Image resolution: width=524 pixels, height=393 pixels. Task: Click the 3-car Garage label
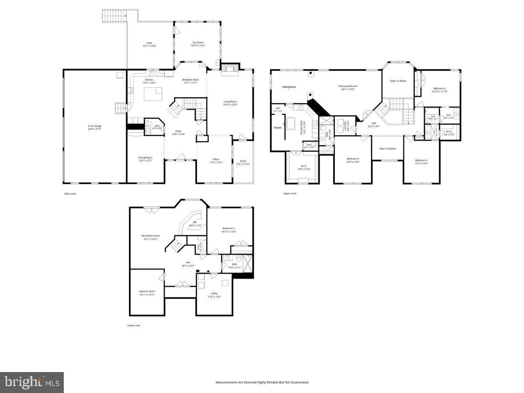click(94, 127)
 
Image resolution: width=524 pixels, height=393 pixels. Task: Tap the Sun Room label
click(198, 44)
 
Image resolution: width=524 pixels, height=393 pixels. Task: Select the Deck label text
click(149, 44)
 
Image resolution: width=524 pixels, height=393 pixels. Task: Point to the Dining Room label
click(146, 159)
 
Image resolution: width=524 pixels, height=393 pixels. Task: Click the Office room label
click(216, 161)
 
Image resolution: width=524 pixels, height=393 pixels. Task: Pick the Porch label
click(243, 162)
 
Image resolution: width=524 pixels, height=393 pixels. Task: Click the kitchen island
click(153, 93)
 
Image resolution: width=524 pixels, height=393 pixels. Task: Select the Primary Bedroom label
click(348, 87)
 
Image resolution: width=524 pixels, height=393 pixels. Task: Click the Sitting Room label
click(289, 87)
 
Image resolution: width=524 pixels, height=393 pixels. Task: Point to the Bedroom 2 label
click(439, 90)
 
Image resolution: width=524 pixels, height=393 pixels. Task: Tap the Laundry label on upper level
click(345, 126)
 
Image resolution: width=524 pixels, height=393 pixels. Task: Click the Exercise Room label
click(147, 293)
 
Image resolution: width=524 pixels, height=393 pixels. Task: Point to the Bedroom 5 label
click(229, 230)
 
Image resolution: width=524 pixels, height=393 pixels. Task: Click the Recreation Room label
click(151, 237)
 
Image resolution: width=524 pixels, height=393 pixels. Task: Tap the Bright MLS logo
click(32, 383)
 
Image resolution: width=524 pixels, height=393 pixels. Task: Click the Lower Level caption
click(134, 325)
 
